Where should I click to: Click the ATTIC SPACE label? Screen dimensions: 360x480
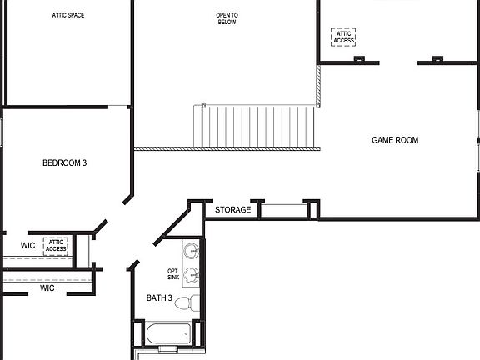[x=68, y=15]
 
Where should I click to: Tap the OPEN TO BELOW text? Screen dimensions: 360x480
[x=227, y=19]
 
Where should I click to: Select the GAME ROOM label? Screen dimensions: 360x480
[x=395, y=140]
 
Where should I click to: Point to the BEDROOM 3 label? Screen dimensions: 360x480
[x=65, y=163]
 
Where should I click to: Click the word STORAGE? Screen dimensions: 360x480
[x=232, y=210]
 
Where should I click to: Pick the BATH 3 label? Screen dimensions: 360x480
[x=159, y=298]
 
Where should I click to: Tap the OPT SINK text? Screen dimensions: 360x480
[x=173, y=274]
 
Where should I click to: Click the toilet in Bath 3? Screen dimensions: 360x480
[x=192, y=302]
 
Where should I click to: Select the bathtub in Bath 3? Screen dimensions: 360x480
[x=168, y=334]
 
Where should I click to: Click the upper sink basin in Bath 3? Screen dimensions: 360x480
[x=192, y=251]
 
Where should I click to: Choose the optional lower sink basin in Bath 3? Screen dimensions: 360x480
[x=192, y=276]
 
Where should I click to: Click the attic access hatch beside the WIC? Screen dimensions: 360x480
[x=56, y=246]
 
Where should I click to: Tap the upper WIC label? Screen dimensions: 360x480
[x=27, y=246]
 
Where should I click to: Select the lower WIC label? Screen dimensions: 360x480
[x=47, y=288]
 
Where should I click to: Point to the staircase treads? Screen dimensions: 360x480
[x=255, y=126]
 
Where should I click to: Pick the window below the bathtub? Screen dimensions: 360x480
[x=163, y=353]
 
